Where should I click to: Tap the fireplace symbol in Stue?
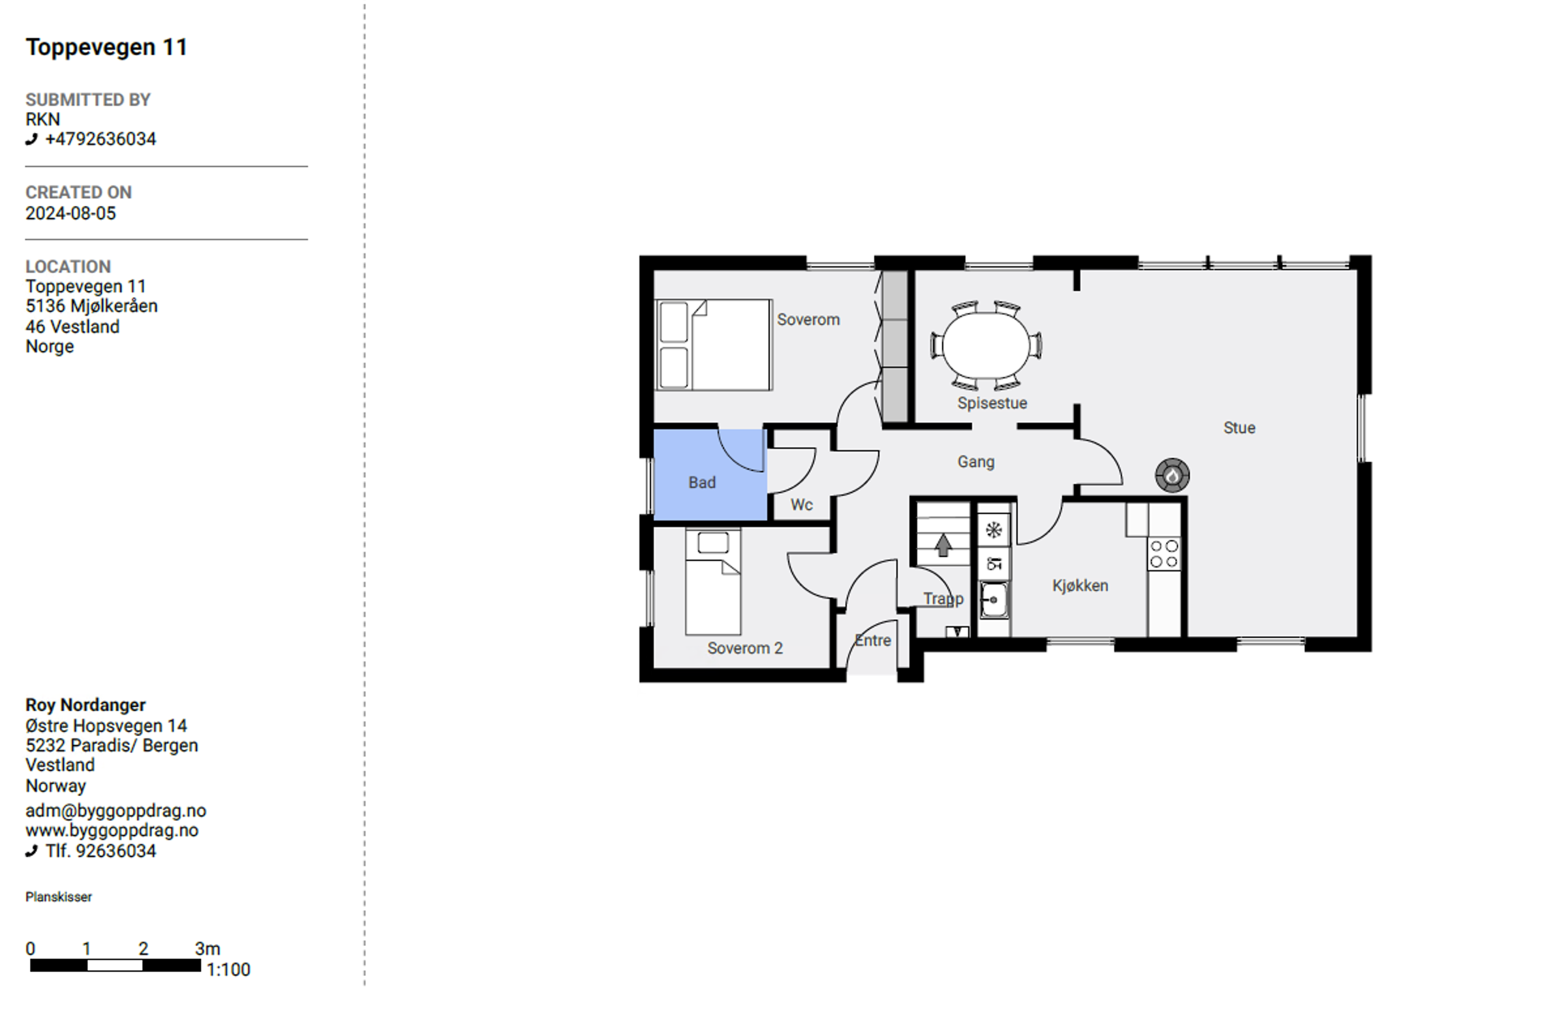[1172, 475]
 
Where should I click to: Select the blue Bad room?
[710, 474]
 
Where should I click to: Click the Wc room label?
[801, 504]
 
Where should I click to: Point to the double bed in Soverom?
[714, 344]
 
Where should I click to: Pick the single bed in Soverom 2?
[713, 582]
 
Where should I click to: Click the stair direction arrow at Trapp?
[943, 545]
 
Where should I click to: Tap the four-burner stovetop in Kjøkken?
[1164, 554]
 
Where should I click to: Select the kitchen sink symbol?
[993, 600]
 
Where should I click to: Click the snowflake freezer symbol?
[994, 530]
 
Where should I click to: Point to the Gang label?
[976, 462]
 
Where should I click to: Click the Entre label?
[873, 641]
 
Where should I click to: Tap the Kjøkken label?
[1080, 586]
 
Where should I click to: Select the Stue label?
[1240, 428]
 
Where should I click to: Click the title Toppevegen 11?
[106, 47]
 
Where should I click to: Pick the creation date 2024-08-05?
[70, 213]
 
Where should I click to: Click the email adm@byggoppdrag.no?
[115, 811]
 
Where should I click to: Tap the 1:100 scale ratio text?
[228, 969]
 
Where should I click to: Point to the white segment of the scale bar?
[115, 966]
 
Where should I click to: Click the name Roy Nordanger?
[85, 705]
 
